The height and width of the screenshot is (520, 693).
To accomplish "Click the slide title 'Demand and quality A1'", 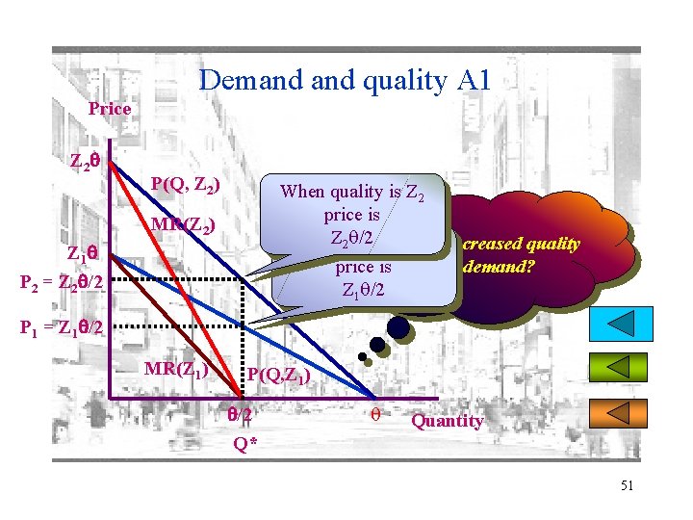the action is (x=344, y=80).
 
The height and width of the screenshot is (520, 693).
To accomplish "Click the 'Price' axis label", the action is (x=109, y=109).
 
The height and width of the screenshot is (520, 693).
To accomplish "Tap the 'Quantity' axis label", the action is (x=448, y=420).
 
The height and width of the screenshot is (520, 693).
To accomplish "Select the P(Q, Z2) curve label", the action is (x=186, y=184).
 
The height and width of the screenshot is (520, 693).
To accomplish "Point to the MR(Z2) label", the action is (x=183, y=227).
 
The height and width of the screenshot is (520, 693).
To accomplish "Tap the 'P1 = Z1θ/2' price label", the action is (x=61, y=326).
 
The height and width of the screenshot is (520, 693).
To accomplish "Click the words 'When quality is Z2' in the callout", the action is (x=351, y=191).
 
